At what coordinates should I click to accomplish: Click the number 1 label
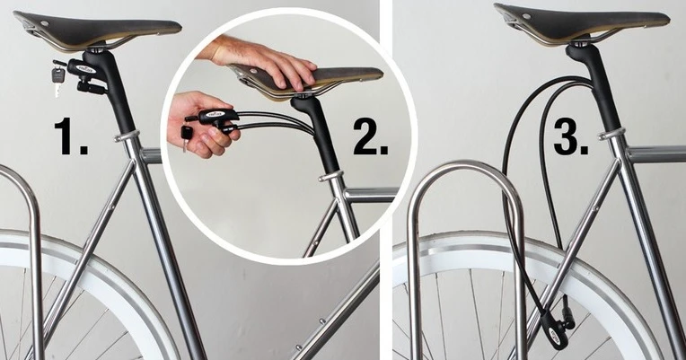[70, 136]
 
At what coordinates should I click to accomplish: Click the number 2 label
[371, 136]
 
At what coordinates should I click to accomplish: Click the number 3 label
[571, 136]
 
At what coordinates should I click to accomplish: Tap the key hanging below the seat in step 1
[57, 80]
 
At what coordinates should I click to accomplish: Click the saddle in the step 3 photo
[582, 22]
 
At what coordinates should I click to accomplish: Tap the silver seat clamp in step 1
[128, 136]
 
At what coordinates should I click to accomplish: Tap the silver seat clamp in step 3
[611, 134]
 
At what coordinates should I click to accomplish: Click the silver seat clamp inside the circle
[330, 176]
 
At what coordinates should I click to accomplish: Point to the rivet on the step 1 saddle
[45, 22]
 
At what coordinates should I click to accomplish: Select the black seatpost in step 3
[600, 87]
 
